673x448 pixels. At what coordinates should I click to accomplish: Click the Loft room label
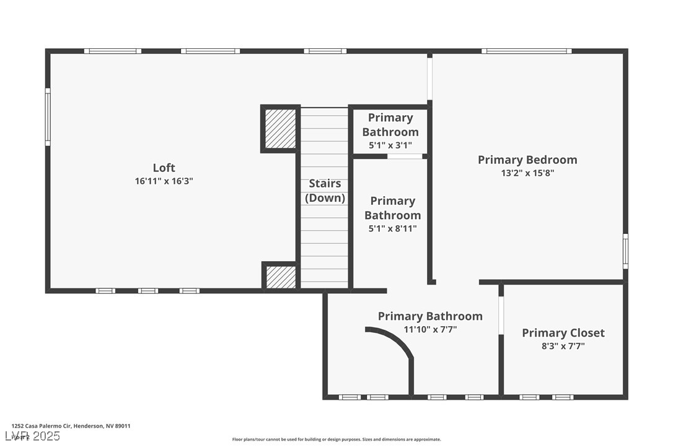(x=164, y=168)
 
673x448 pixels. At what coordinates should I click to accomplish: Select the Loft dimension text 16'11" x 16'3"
(x=164, y=181)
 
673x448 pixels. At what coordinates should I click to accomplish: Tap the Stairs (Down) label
(x=325, y=191)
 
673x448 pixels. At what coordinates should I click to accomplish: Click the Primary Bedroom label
(x=527, y=160)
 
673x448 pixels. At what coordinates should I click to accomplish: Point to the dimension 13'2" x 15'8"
(x=527, y=173)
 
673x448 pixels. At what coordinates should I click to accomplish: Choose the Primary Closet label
(x=563, y=333)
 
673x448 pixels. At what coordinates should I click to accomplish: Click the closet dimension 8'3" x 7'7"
(x=563, y=347)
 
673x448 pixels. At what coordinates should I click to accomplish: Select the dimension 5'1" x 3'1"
(x=390, y=145)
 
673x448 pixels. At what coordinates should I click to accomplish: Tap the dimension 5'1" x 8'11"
(x=392, y=228)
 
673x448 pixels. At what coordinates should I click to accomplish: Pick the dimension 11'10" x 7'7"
(x=430, y=330)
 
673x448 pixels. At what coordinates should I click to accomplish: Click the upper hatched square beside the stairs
(x=281, y=129)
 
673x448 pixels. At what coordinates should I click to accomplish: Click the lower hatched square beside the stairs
(x=281, y=277)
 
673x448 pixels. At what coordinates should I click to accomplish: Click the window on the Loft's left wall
(x=48, y=117)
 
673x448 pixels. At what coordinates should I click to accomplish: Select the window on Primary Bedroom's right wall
(x=625, y=251)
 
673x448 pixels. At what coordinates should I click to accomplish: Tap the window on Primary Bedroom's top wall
(x=527, y=51)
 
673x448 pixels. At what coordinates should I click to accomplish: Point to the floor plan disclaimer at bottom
(x=336, y=439)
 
